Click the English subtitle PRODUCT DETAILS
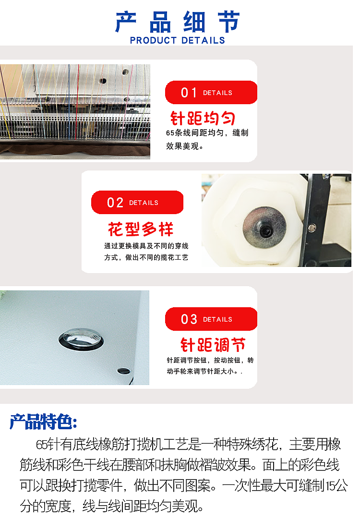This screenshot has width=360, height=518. click(177, 41)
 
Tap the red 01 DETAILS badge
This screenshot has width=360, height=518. click(211, 93)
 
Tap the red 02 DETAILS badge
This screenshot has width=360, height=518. click(137, 203)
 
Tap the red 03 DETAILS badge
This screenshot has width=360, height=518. click(211, 319)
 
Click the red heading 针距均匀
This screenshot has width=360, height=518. click(203, 118)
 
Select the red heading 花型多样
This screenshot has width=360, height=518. click(140, 229)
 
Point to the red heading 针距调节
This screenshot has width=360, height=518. click(213, 345)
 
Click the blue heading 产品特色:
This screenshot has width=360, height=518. click(43, 422)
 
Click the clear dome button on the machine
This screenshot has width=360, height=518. click(81, 338)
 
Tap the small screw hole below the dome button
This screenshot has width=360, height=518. click(123, 371)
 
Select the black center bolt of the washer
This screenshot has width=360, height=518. click(264, 231)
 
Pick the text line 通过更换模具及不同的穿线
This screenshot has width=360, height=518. click(146, 246)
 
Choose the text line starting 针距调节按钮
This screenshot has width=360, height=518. click(210, 360)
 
